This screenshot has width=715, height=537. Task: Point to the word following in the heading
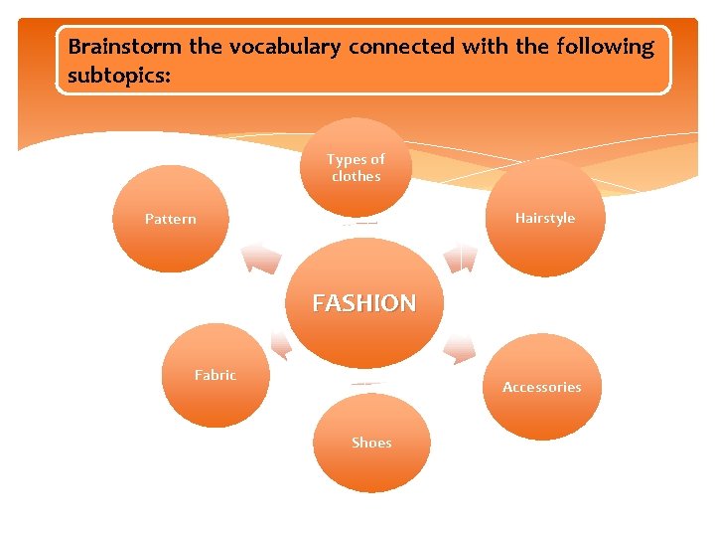(606, 47)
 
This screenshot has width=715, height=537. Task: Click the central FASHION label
(364, 303)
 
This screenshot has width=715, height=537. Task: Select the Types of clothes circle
(357, 166)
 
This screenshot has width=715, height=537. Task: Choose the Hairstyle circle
(543, 219)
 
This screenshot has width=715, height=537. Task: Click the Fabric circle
(215, 375)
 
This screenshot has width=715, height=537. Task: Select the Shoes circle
(371, 443)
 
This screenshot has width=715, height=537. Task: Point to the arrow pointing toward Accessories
(459, 349)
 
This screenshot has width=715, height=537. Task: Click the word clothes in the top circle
(357, 176)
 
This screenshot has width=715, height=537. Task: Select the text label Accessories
(542, 387)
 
